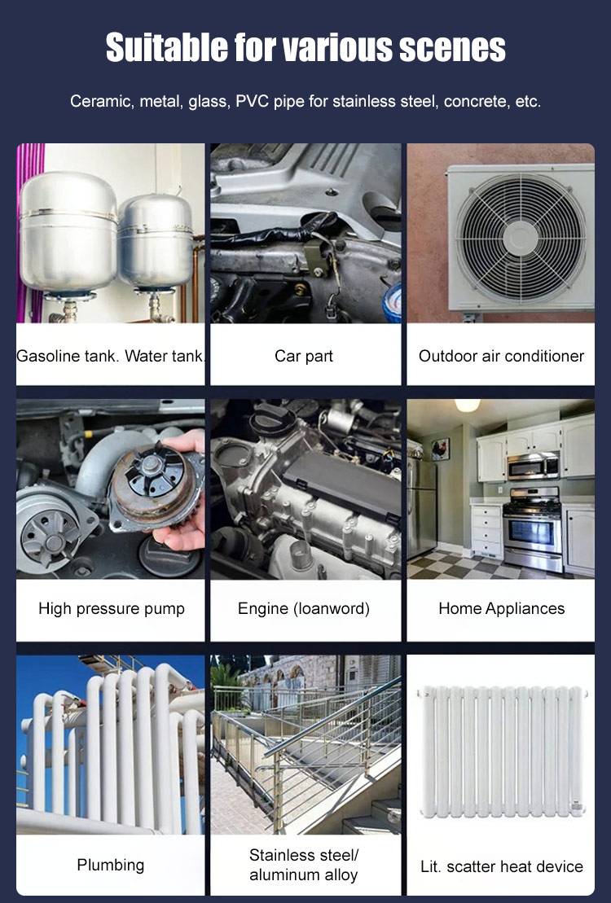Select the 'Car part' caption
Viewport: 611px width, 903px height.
(304, 356)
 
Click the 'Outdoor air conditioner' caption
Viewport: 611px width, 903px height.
(501, 356)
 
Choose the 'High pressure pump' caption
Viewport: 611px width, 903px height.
(112, 609)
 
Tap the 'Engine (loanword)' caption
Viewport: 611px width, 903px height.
(304, 609)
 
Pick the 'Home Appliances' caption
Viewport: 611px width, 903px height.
(502, 609)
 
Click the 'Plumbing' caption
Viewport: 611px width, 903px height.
(111, 865)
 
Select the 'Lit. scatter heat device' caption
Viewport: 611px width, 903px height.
(502, 866)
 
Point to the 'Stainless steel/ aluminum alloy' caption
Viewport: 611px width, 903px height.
(304, 865)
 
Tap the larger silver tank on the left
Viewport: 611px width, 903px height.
(68, 233)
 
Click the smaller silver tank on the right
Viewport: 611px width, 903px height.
(156, 242)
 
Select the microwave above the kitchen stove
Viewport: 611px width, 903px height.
(533, 466)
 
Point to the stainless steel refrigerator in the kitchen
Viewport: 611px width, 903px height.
(422, 506)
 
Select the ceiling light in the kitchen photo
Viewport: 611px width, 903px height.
(468, 405)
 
